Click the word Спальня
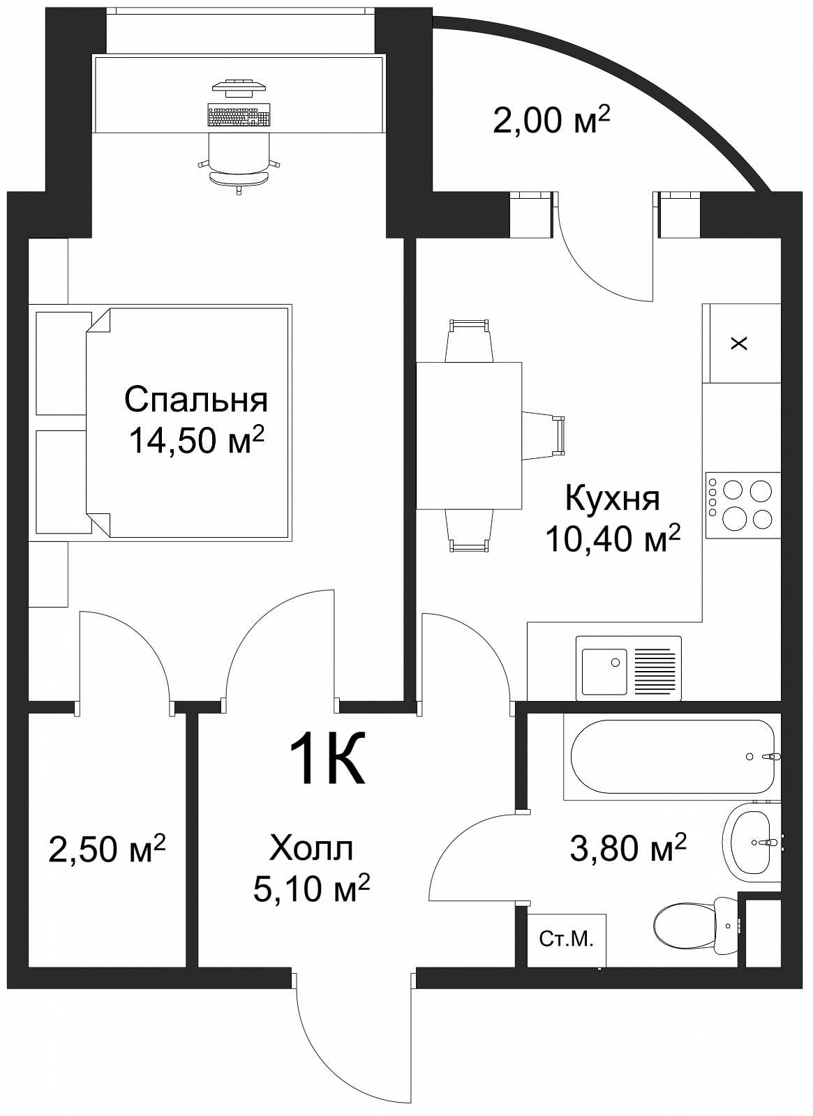pos(196,400)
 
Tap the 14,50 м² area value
pos(196,440)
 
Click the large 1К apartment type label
pos(327,758)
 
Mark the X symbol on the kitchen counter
pos(739,343)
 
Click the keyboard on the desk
pos(239,115)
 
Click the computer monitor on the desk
pos(239,88)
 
